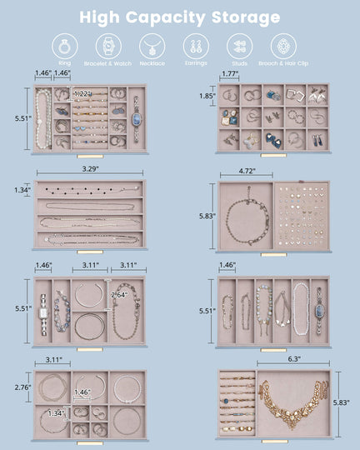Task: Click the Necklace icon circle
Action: (151, 46)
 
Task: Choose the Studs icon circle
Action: (238, 46)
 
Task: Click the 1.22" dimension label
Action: (82, 94)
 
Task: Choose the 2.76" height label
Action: (23, 387)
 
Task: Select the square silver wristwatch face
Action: (42, 314)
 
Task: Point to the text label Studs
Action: (239, 62)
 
